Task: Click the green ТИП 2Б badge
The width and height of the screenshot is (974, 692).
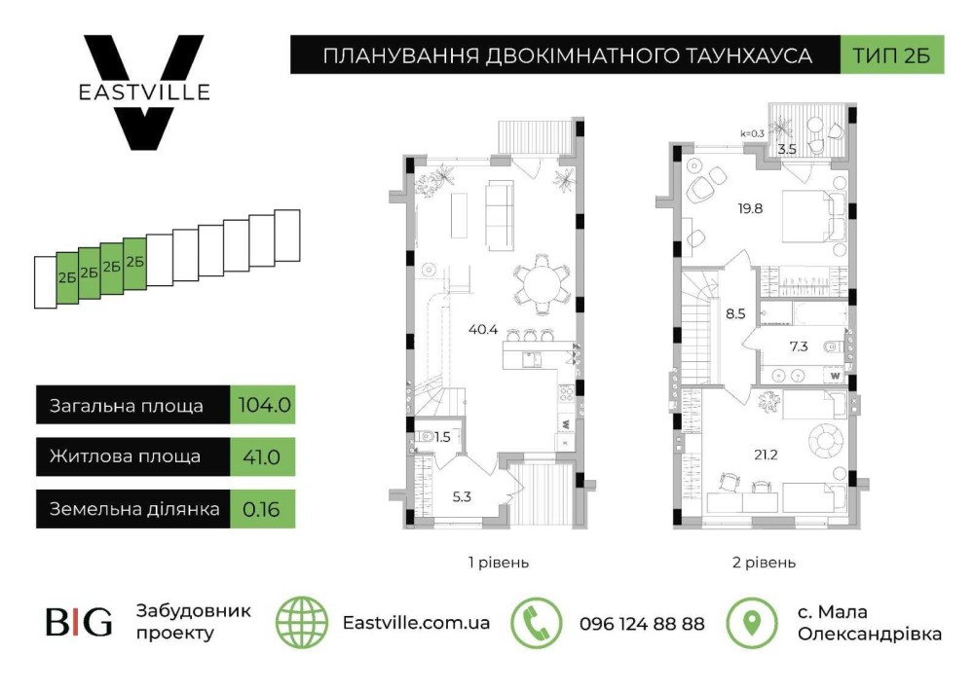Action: point(892,55)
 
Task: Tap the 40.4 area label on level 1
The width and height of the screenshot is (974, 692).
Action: point(483,330)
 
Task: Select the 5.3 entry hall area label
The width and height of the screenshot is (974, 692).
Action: point(462,496)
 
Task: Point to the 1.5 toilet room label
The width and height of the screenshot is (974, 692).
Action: point(442,437)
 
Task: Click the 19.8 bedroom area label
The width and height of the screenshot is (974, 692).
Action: point(750,208)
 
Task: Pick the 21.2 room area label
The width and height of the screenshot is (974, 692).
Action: point(766,455)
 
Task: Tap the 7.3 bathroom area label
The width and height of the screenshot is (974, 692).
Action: point(799,346)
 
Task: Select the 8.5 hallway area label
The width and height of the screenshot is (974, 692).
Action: point(735,314)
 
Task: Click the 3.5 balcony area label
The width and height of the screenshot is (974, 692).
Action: point(787,150)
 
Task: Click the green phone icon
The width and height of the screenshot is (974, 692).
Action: point(536,623)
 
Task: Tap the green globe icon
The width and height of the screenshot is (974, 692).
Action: point(302,623)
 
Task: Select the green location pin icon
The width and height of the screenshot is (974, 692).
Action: point(752,623)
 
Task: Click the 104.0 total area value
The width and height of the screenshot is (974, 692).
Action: point(264,405)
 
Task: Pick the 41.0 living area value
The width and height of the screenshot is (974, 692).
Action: point(261,457)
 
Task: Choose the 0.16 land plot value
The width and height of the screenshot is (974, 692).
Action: point(261,510)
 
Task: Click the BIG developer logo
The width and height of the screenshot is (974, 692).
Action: point(79,622)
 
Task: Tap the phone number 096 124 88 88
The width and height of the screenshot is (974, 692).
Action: point(642,623)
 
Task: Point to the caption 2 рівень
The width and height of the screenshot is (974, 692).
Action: point(764,563)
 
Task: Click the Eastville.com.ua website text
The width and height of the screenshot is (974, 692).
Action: point(416,623)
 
